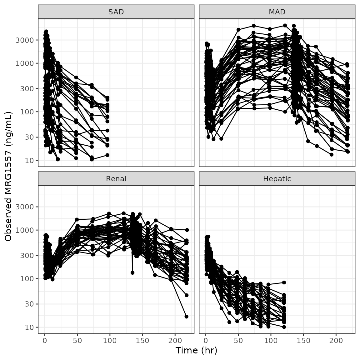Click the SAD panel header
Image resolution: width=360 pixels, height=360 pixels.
tap(116, 12)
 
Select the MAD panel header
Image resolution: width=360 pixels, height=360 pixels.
tap(277, 12)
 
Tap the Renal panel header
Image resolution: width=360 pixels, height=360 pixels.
tap(116, 179)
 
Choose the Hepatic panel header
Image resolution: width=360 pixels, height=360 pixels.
tap(277, 179)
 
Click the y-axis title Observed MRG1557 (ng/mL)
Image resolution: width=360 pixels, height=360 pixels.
tap(8, 176)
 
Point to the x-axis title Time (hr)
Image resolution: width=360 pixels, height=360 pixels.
tap(196, 350)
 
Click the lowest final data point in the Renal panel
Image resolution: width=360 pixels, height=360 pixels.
tap(187, 317)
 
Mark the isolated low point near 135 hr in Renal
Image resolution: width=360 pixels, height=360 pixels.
tap(132, 273)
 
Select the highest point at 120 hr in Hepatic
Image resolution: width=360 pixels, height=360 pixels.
tap(284, 282)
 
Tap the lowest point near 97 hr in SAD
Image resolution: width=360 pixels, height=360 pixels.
tap(107, 155)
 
